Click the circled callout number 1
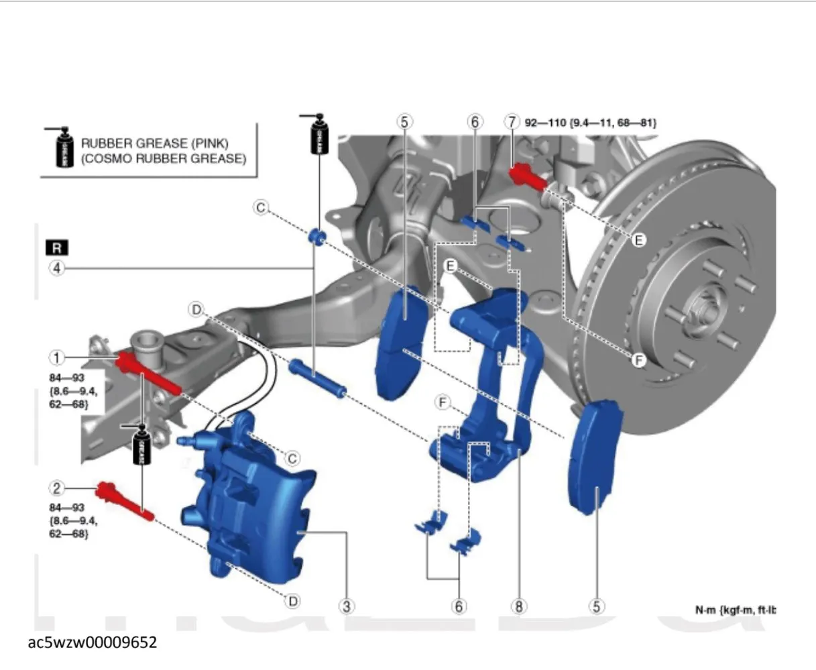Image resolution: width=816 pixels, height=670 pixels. click(x=57, y=356)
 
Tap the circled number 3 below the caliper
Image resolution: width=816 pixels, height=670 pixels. click(x=346, y=606)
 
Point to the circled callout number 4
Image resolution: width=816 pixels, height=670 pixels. click(x=57, y=269)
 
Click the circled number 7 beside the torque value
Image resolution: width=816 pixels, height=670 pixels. click(x=512, y=122)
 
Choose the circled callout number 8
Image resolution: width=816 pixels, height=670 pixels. click(x=518, y=606)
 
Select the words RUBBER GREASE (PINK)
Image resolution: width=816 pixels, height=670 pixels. click(x=154, y=144)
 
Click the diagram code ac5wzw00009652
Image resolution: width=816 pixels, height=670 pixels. click(x=93, y=643)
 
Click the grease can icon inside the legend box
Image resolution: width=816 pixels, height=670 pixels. click(x=60, y=148)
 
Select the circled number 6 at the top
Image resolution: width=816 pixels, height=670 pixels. click(x=474, y=122)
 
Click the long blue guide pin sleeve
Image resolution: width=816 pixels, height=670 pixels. click(x=318, y=378)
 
